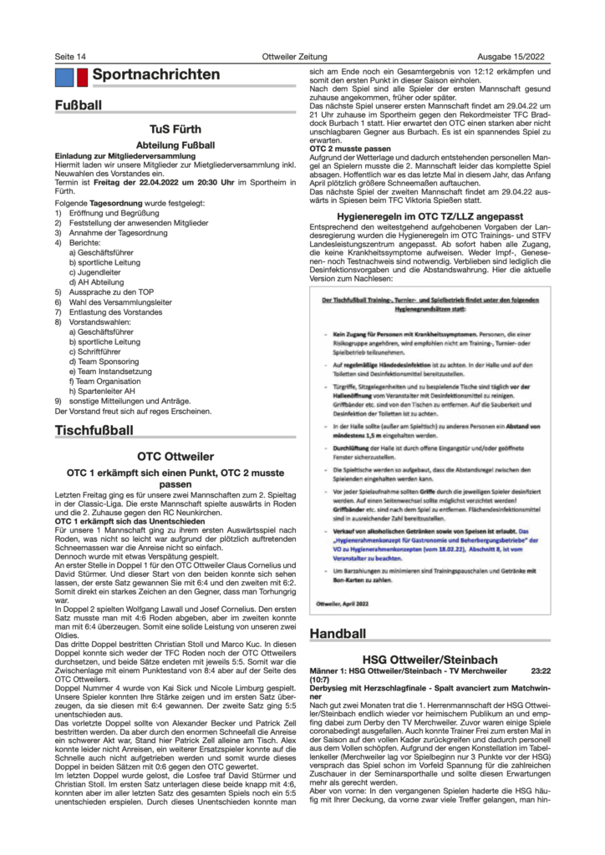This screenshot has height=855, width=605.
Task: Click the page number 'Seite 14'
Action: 70,56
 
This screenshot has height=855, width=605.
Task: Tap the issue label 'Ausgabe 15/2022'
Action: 516,56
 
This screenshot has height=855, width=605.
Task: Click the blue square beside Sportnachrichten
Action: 64,77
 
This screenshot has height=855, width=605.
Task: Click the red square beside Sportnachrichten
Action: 83,77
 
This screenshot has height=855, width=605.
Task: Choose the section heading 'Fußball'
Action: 79,107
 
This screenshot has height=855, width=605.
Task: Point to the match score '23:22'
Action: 541,670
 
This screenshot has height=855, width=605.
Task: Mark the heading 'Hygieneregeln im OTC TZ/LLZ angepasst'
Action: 430,215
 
